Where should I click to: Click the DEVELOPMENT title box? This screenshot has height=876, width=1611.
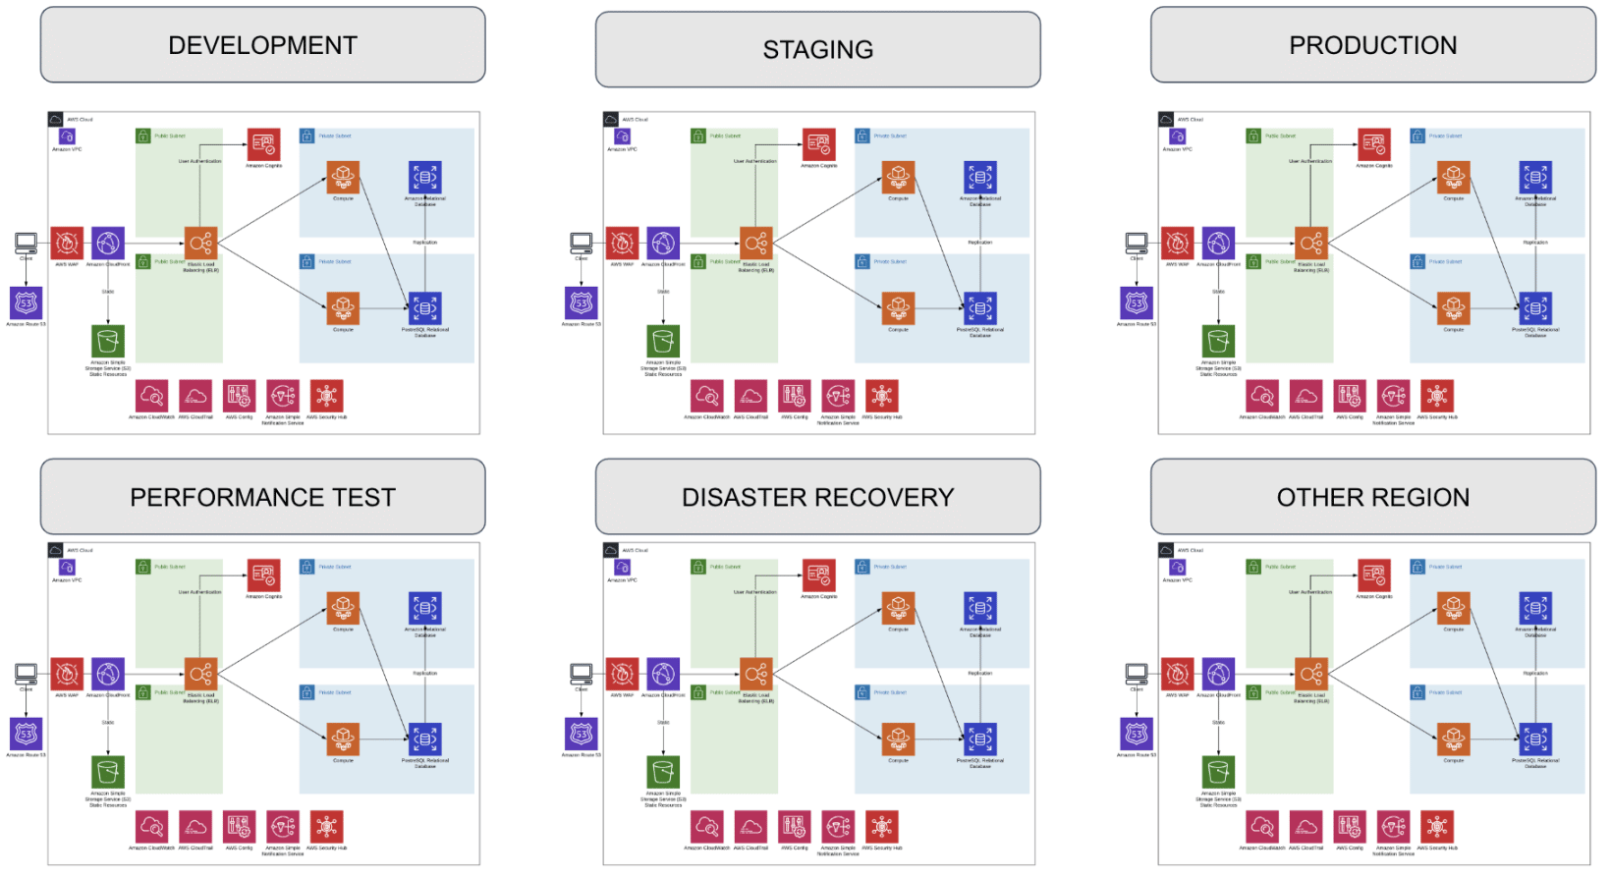tap(262, 45)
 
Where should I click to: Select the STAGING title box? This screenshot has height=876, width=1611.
tap(817, 49)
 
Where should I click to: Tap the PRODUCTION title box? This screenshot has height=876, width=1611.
tap(1372, 45)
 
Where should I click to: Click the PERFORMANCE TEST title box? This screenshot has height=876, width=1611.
tap(262, 497)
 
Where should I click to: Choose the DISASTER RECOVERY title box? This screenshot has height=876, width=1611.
tap(817, 497)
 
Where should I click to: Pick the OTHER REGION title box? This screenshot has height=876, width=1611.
tap(1372, 497)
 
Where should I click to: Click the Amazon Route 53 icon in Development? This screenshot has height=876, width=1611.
tap(27, 303)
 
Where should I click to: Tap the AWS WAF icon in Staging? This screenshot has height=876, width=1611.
tap(622, 243)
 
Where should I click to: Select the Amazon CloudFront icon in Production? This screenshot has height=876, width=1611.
tap(1218, 243)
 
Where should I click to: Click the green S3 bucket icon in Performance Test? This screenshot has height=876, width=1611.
tap(108, 772)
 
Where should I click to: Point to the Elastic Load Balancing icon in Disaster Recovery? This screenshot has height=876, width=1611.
tap(755, 674)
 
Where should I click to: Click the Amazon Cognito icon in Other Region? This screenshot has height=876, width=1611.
tap(1374, 575)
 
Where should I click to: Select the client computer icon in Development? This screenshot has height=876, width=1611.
tap(27, 242)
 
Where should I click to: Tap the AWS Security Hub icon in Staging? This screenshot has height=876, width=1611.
tap(881, 396)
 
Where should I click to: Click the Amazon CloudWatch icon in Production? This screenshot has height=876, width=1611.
tap(1262, 396)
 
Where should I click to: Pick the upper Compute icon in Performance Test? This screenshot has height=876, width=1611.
tap(343, 608)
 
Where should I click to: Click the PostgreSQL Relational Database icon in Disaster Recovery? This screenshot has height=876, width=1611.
tap(979, 739)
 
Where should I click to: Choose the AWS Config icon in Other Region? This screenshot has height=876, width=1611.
tap(1350, 827)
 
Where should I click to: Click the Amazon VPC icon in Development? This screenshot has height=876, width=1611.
tap(67, 137)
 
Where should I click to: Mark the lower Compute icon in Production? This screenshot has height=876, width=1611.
tap(1454, 308)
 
